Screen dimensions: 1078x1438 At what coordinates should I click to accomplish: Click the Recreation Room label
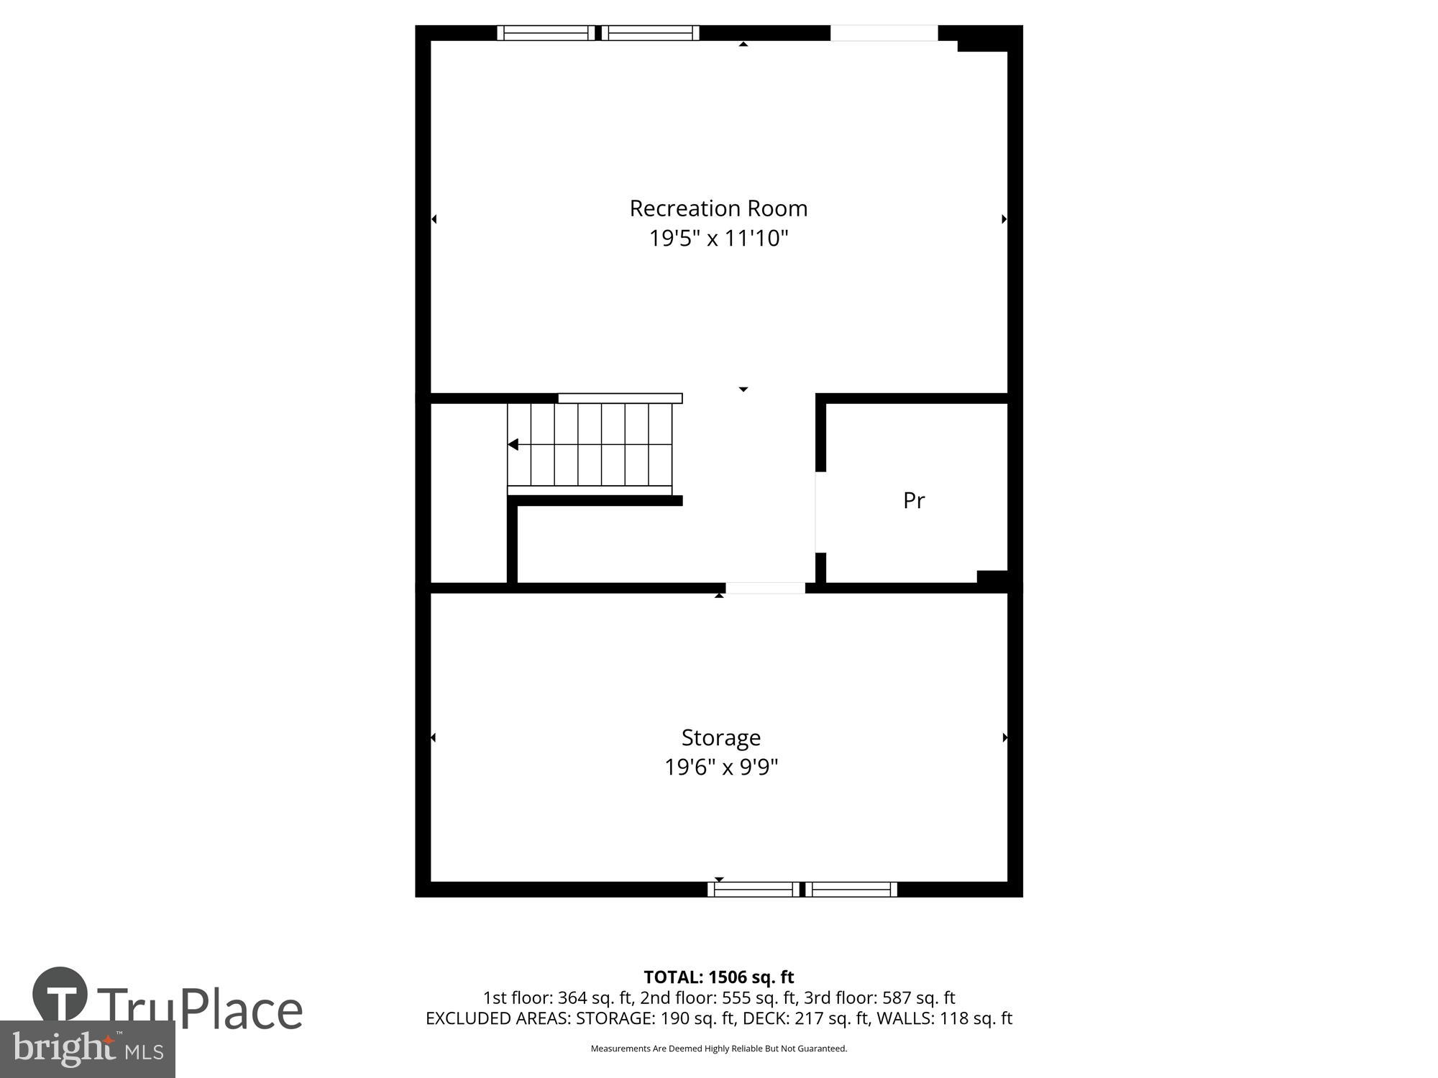[718, 208]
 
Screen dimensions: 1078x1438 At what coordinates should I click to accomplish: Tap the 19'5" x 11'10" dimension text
[718, 238]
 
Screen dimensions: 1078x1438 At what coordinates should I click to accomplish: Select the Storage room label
[720, 737]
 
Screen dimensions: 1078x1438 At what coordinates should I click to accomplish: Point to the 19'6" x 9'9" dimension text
[720, 767]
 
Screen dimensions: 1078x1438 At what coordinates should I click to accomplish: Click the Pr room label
[913, 500]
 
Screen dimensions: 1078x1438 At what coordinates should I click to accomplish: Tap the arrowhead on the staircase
[513, 445]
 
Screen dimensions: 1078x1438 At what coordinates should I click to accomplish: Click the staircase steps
[590, 446]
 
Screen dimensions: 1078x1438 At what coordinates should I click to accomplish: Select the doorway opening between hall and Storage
[765, 588]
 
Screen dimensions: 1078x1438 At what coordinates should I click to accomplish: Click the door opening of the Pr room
[817, 512]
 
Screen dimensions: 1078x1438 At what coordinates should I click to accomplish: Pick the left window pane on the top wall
[545, 33]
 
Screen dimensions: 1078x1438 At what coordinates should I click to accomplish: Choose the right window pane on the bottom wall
[851, 890]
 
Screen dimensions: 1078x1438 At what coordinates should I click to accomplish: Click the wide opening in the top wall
[884, 33]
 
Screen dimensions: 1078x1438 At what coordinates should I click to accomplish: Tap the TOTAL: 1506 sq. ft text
[718, 977]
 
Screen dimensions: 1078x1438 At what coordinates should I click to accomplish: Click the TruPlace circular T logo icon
[60, 993]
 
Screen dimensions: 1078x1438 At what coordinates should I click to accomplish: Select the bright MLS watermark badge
[87, 1049]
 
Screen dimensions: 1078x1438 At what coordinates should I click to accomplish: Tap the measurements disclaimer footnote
[718, 1049]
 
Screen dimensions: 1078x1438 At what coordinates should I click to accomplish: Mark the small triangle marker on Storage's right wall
[1004, 737]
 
